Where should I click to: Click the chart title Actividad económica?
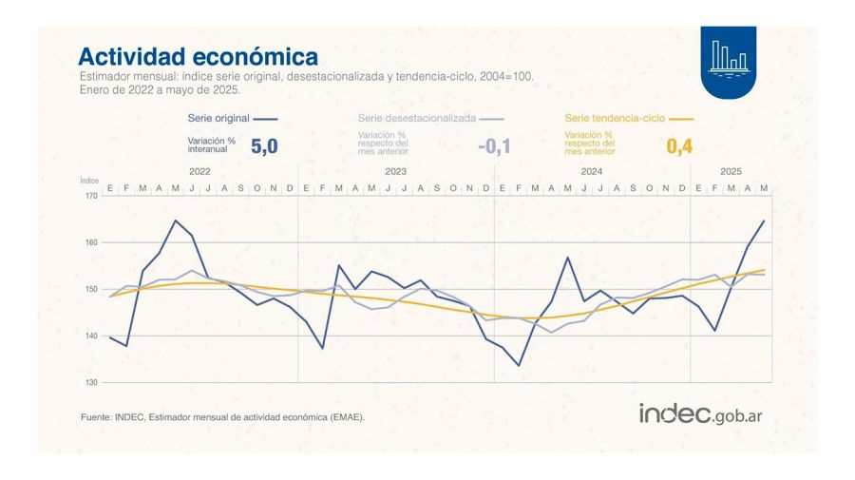[198, 56]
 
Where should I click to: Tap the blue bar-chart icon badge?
[729, 62]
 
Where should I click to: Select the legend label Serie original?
[218, 119]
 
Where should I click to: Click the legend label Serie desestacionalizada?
[417, 119]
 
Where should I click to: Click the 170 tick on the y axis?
[91, 197]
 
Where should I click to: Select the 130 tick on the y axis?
[91, 383]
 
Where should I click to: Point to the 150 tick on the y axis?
[91, 290]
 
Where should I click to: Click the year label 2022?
[199, 172]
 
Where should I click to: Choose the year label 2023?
[395, 172]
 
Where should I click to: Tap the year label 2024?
[591, 172]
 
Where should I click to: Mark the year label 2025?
[731, 172]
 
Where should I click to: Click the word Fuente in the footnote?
[95, 416]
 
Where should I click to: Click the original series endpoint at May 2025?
[764, 221]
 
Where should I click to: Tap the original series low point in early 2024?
[519, 365]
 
